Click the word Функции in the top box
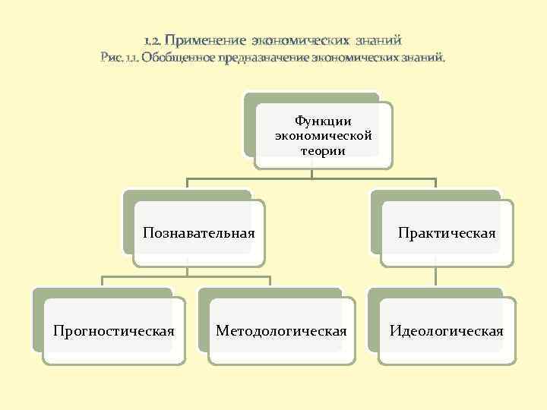point(323,121)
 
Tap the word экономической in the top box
point(323,136)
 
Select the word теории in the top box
point(323,150)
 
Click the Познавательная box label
point(198,232)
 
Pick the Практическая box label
point(447,232)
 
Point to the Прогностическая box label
point(113,331)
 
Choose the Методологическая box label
point(281,331)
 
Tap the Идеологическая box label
point(447,331)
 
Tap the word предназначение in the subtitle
point(262,57)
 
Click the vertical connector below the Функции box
point(312,174)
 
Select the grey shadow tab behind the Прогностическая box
point(38,319)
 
